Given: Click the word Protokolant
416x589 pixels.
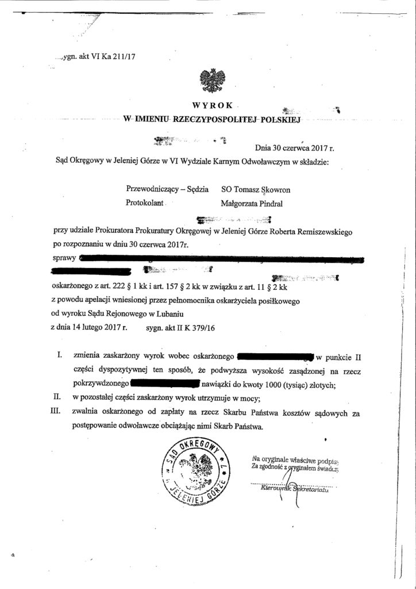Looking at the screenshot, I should [145, 202].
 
